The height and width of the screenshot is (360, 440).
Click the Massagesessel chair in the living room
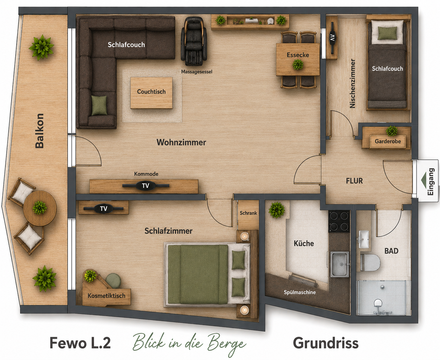[x=194, y=41]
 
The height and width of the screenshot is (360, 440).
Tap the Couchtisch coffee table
[x=151, y=93]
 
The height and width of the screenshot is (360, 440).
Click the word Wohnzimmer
[x=181, y=142]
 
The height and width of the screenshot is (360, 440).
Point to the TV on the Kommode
[x=146, y=185]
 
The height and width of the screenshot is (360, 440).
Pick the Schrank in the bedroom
[x=248, y=215]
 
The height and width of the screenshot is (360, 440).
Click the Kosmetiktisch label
[x=106, y=296]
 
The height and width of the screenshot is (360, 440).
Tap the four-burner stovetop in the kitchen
[x=339, y=221]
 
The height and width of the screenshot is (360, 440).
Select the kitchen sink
[x=339, y=264]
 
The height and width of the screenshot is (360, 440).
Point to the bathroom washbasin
[x=363, y=239]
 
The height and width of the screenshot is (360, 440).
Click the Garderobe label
[x=388, y=141]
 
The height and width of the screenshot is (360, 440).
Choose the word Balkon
[x=40, y=131]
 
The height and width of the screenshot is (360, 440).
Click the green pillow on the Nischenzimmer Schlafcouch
[x=387, y=33]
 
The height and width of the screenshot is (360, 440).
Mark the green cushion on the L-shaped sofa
[x=99, y=105]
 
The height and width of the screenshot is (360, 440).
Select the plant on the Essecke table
[x=298, y=64]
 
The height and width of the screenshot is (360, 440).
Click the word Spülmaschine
[x=300, y=292]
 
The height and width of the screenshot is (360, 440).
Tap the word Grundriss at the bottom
[x=326, y=343]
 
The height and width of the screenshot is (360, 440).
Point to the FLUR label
[x=354, y=181]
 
